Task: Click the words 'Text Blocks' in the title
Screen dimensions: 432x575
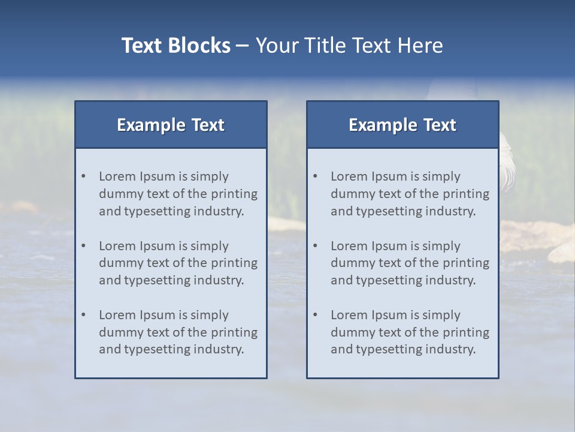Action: [x=175, y=46]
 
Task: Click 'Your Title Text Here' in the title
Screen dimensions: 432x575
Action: [x=349, y=46]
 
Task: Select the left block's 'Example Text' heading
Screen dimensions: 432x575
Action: [x=171, y=125]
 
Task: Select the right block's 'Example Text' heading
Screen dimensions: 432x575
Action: [x=402, y=125]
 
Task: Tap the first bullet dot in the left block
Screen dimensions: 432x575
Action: [x=83, y=176]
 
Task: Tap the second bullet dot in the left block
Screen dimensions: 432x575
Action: [x=83, y=246]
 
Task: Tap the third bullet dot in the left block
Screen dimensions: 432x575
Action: [x=83, y=315]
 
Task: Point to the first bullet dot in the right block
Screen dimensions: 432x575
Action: [x=315, y=176]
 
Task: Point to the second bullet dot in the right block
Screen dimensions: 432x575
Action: [x=315, y=246]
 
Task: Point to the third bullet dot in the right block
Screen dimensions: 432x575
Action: [x=315, y=315]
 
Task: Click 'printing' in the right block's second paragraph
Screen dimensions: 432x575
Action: [x=467, y=263]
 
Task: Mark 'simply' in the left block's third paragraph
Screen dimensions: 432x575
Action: [x=210, y=315]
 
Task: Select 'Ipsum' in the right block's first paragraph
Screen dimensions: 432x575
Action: [x=389, y=176]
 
